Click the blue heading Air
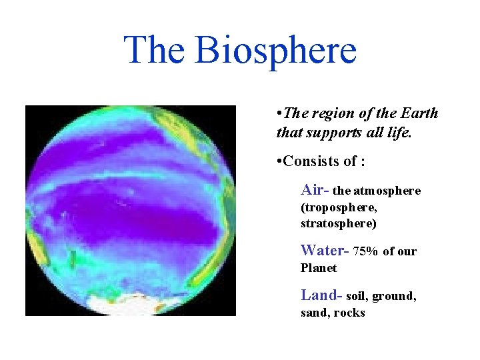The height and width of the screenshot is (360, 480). pyautogui.click(x=313, y=190)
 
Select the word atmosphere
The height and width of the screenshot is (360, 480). pyautogui.click(x=387, y=191)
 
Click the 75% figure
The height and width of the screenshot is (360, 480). pyautogui.click(x=366, y=252)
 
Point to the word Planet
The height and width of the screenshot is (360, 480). pyautogui.click(x=319, y=269)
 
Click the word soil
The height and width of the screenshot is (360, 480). pyautogui.click(x=357, y=296)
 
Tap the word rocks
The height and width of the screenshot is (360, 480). pyautogui.click(x=349, y=313)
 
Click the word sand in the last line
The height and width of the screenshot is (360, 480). pyautogui.click(x=314, y=313)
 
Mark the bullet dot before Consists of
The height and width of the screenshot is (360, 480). pyautogui.click(x=279, y=162)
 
